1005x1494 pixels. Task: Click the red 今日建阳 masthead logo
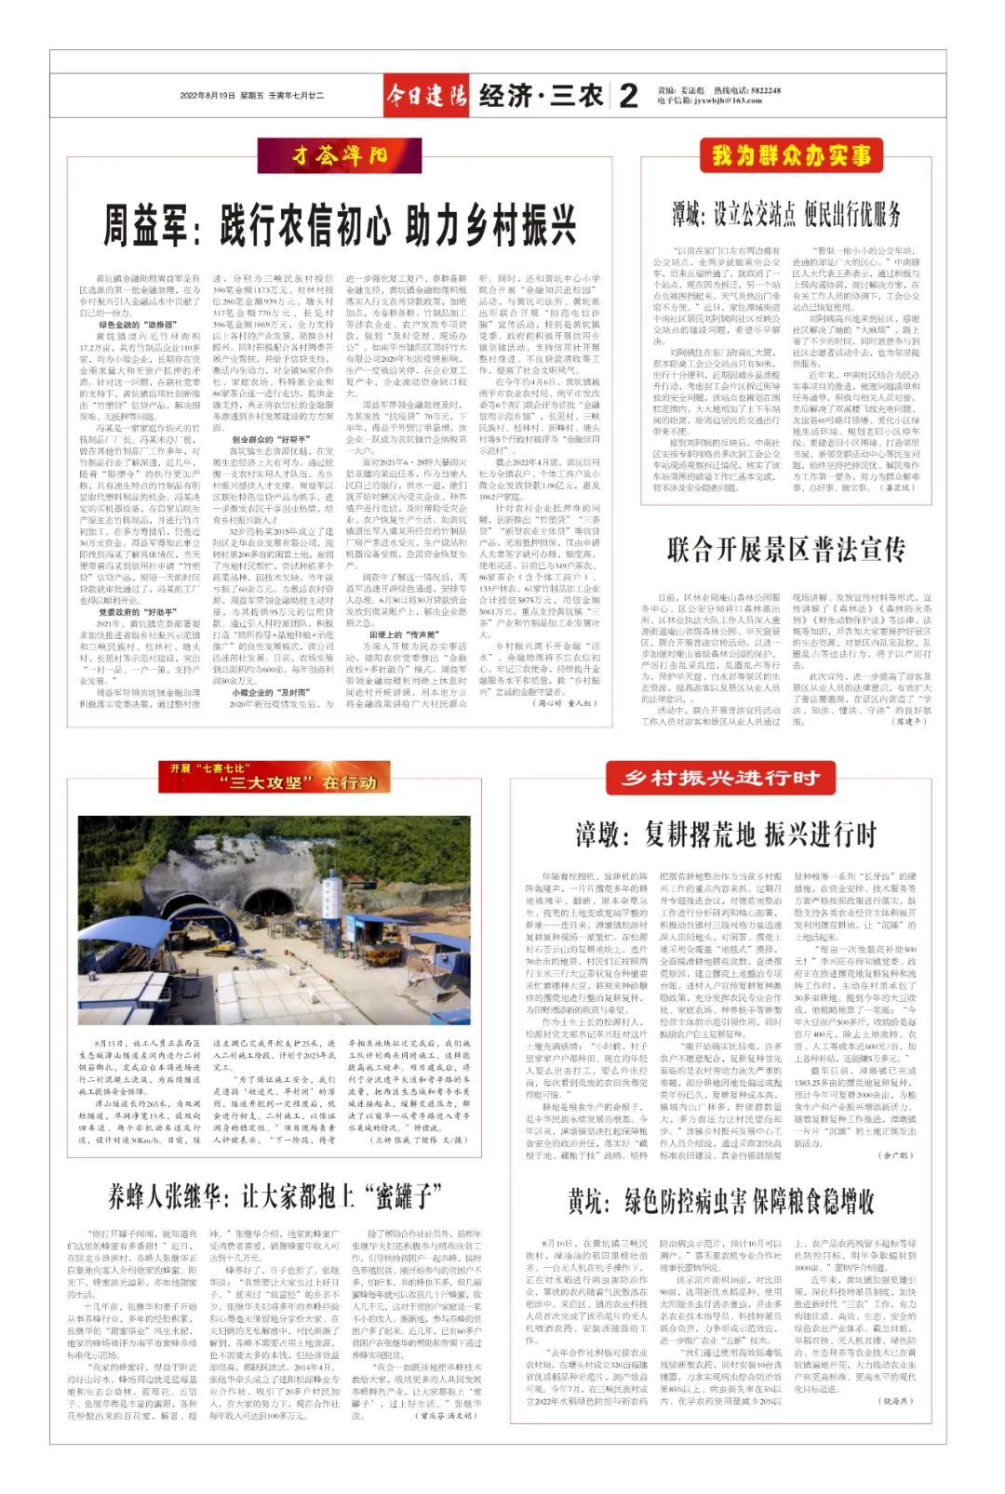point(427,95)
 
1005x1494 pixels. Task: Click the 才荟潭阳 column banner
point(339,155)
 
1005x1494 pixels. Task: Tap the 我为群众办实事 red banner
point(791,154)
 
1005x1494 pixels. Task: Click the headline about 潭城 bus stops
point(786,215)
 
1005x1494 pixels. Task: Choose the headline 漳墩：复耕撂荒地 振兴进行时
point(725,834)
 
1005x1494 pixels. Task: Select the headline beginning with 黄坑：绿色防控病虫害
point(721,1201)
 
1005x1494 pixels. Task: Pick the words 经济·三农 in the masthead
point(541,95)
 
